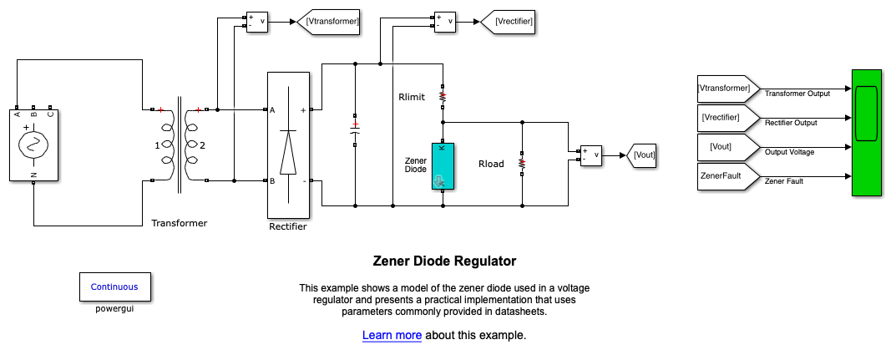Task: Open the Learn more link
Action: [x=392, y=336]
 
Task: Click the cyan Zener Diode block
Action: [x=443, y=165]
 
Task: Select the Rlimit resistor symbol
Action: [x=443, y=97]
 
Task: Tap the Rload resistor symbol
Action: [x=522, y=164]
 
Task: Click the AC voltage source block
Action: [x=33, y=144]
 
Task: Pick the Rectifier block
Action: [x=288, y=145]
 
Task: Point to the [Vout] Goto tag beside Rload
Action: [x=643, y=155]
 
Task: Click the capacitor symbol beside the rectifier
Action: [x=355, y=129]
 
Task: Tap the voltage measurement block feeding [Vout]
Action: [x=591, y=155]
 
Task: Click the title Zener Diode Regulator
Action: [x=444, y=261]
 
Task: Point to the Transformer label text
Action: [x=179, y=223]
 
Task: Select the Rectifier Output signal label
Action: [x=791, y=123]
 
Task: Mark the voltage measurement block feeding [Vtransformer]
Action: [x=256, y=22]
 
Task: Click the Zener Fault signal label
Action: [x=783, y=180]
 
